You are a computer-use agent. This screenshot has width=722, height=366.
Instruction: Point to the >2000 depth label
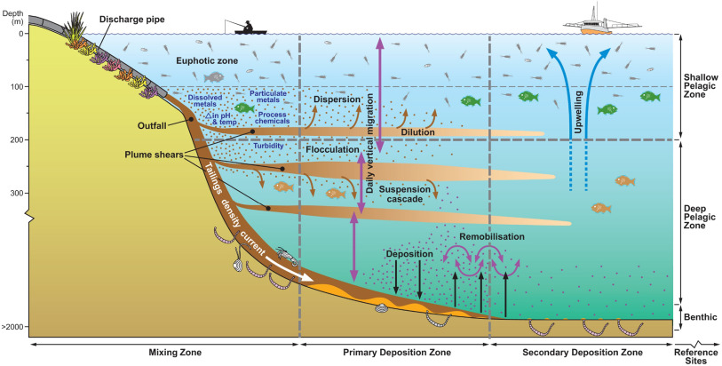(x=13, y=327)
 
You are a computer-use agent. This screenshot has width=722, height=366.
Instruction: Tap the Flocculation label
(x=331, y=149)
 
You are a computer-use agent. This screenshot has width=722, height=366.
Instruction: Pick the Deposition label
(x=409, y=254)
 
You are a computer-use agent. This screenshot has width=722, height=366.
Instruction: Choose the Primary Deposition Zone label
(x=394, y=354)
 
